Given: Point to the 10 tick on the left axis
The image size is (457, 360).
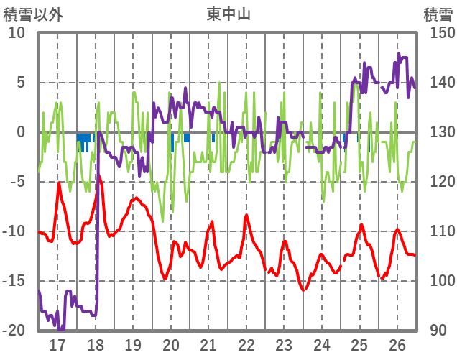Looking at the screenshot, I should tap(16, 33).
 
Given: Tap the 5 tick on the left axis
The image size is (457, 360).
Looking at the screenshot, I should tap(20, 83).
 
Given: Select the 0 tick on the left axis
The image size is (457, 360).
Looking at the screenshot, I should tap(20, 132).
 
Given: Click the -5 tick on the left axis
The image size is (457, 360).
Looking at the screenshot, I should tap(17, 182).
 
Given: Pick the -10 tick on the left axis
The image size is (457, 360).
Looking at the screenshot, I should tap(14, 231).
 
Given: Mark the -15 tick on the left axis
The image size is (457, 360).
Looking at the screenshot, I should tap(14, 281).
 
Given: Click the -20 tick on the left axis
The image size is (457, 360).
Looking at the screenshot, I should tap(14, 331).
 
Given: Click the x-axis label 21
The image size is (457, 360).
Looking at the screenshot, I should tap(208, 344).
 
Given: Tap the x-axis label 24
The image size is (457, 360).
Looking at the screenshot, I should tap(322, 344).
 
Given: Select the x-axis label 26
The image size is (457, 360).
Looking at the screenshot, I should tap(397, 344).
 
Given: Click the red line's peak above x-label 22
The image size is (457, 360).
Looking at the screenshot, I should tap(246, 215).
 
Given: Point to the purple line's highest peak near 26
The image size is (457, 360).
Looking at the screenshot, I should tap(399, 53).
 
